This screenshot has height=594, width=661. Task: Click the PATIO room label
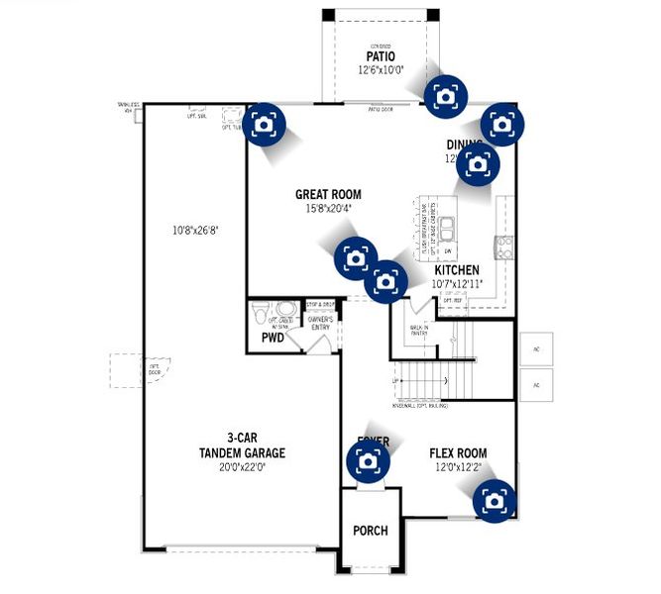381,56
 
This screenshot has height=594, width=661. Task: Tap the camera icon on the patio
444,95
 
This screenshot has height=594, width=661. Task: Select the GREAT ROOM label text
328,195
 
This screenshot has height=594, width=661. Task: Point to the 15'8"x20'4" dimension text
328,209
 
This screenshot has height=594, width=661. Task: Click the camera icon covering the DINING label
477,164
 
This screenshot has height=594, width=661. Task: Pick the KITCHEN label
456,270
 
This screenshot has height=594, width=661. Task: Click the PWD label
273,339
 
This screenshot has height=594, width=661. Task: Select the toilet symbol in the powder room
261,312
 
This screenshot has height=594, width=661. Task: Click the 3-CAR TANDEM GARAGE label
242,446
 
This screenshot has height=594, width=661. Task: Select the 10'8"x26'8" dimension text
194,230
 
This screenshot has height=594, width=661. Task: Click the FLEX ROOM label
458,453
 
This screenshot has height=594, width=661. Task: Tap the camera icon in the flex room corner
494,500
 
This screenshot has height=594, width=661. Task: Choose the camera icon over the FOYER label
368,460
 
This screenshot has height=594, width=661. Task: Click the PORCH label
371,531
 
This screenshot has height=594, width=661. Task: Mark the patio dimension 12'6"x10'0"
381,70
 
